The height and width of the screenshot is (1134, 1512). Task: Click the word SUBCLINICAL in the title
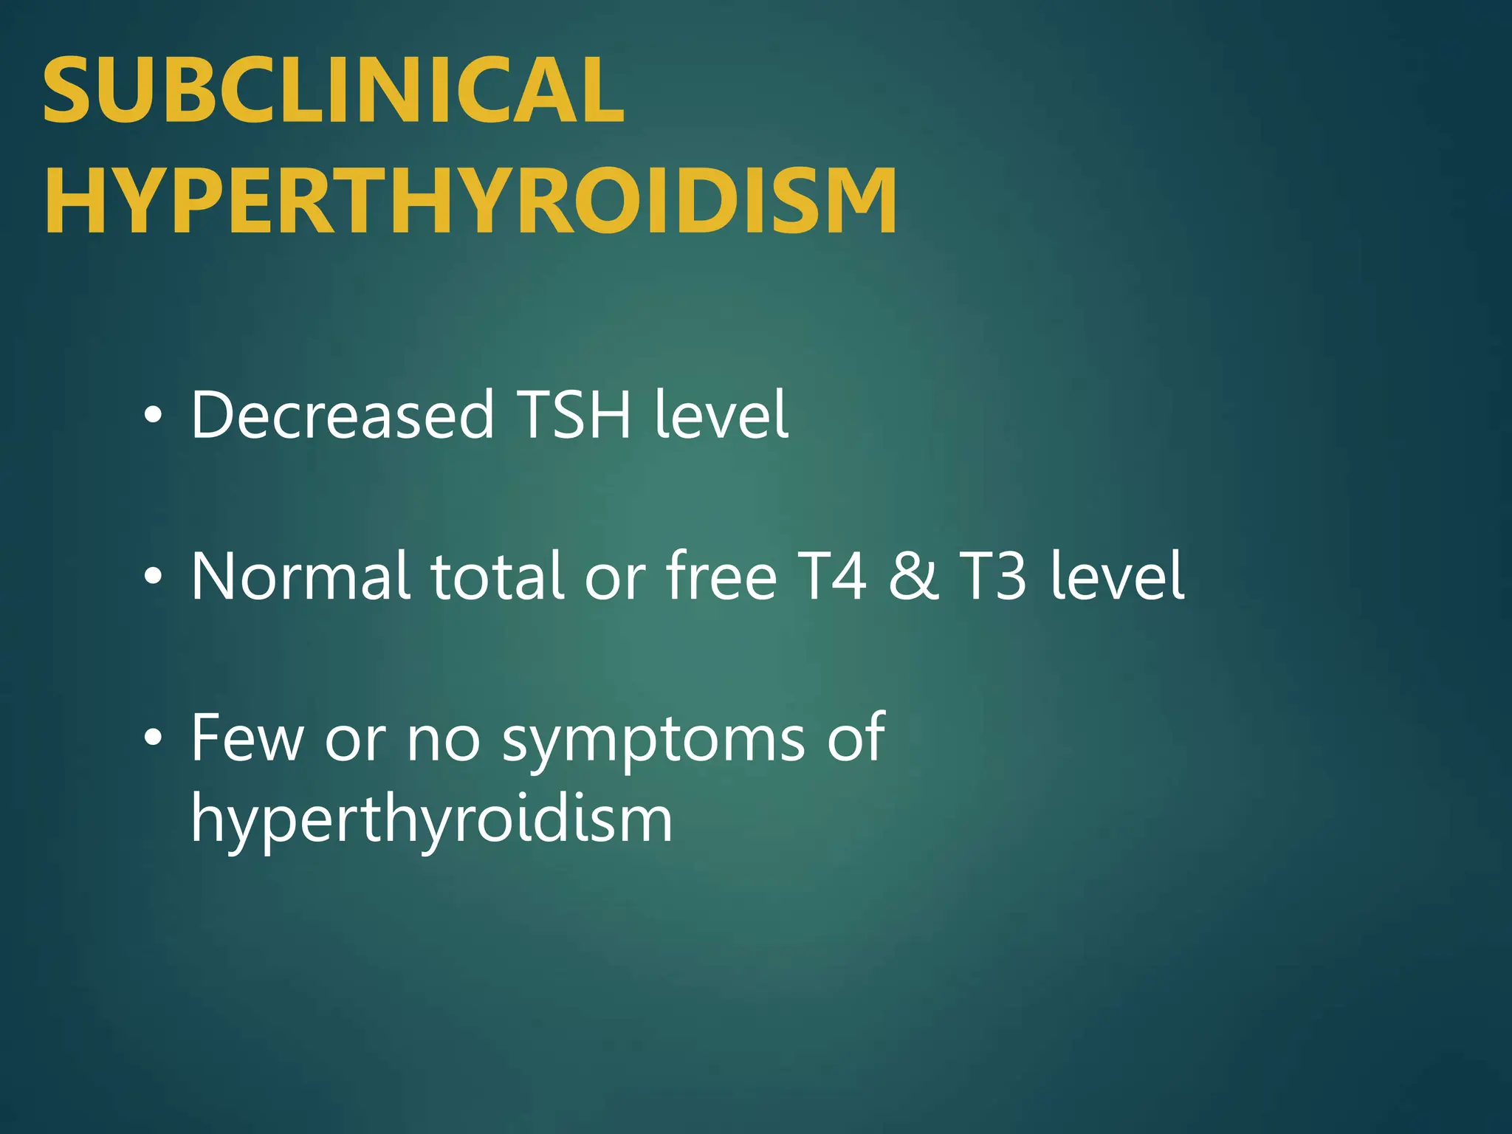pos(334,91)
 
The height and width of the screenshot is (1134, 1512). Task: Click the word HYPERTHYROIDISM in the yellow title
pos(471,201)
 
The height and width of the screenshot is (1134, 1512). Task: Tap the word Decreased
pos(342,414)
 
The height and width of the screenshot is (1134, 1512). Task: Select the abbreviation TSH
pos(574,414)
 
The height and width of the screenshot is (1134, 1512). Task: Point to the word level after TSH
pos(721,414)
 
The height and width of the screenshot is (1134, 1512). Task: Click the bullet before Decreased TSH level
pos(153,416)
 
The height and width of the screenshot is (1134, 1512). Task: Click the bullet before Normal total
pos(153,577)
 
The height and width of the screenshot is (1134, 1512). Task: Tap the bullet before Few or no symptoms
pos(153,738)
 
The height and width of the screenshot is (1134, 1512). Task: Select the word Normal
pos(300,576)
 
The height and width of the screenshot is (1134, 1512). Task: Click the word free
pos(721,576)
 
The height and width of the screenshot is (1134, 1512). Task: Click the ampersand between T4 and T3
pos(913,576)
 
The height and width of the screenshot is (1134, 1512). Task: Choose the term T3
pos(992,576)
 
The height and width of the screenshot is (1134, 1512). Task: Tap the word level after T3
pos(1117,576)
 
